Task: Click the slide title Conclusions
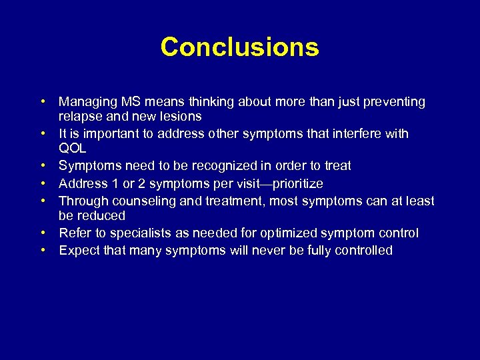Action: point(240,47)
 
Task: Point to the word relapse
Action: point(79,117)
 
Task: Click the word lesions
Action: point(179,117)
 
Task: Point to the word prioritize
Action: point(295,184)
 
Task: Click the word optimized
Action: point(292,233)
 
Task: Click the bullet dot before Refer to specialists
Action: point(42,233)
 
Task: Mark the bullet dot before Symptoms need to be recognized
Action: point(42,165)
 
